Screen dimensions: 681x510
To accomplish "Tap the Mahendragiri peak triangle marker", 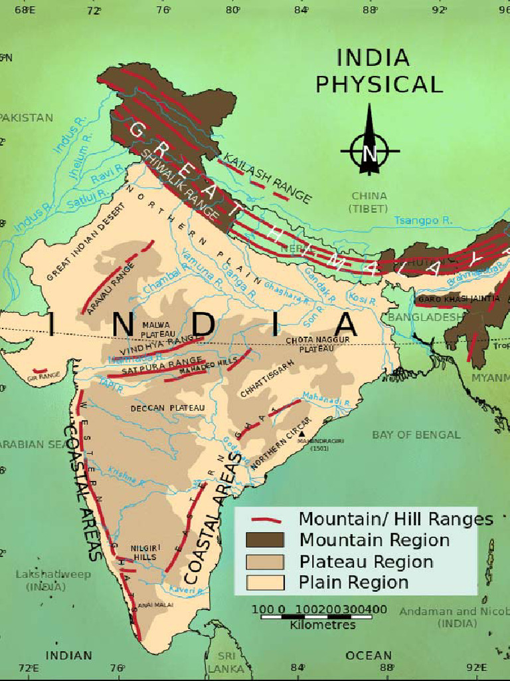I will click(x=302, y=434).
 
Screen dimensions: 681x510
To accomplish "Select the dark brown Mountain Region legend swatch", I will click(x=265, y=540).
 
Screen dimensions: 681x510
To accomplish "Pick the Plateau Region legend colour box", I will click(x=265, y=561).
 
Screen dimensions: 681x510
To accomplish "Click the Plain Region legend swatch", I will click(x=265, y=583).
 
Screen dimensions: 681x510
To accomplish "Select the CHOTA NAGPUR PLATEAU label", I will click(x=311, y=344).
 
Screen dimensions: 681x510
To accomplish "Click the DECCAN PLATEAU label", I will click(x=168, y=408).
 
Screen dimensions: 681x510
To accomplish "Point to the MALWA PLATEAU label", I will click(x=158, y=329).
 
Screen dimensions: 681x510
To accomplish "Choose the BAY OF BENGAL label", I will click(x=416, y=435).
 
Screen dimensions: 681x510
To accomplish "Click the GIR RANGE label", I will click(x=44, y=376).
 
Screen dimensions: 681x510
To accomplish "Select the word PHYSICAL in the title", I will click(x=379, y=84).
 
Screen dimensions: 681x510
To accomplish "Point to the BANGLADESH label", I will click(x=425, y=317).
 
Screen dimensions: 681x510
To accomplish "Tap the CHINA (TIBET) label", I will click(x=369, y=202).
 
